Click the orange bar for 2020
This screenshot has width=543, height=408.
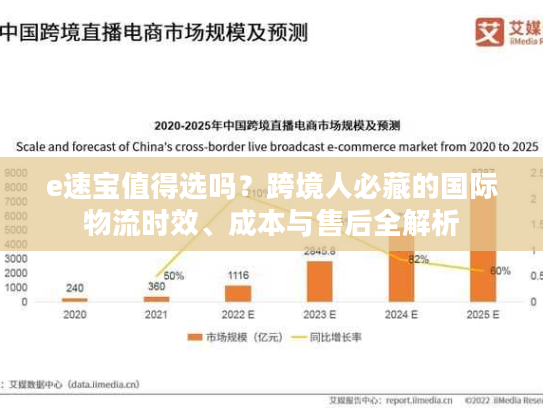click(x=74, y=299)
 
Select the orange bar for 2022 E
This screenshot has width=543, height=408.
click(x=238, y=293)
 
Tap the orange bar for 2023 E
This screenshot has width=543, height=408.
click(x=320, y=281)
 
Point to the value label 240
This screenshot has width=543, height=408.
click(x=74, y=287)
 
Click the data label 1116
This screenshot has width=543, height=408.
click(x=238, y=275)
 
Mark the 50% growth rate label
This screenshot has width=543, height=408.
click(x=174, y=276)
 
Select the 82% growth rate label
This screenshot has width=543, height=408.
click(x=419, y=259)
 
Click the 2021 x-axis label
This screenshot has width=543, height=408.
click(x=156, y=314)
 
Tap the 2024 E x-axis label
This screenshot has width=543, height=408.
click(x=402, y=314)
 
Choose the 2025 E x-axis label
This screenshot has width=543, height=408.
click(x=484, y=314)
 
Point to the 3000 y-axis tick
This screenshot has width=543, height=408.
click(x=16, y=258)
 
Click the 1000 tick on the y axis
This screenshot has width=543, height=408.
click(x=16, y=287)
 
